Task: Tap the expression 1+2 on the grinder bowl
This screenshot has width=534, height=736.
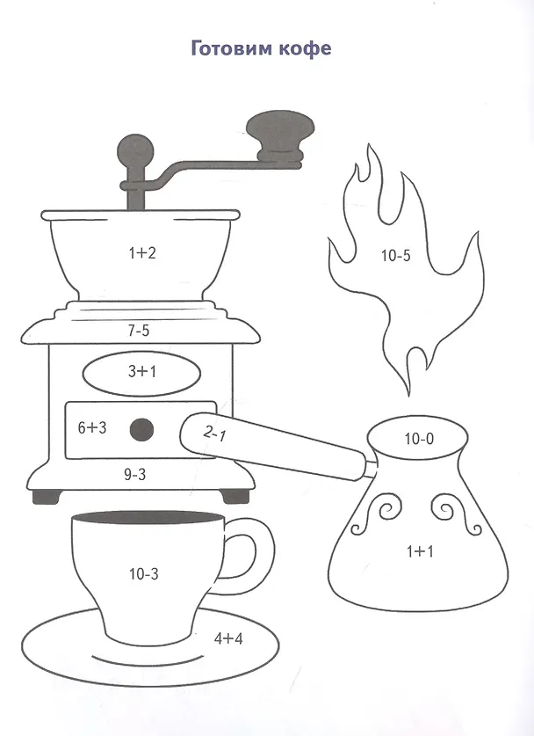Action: click(x=142, y=253)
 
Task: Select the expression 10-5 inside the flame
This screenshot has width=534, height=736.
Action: click(x=396, y=256)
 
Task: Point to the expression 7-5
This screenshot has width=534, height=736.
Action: click(x=138, y=331)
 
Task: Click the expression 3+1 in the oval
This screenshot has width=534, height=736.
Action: click(x=142, y=372)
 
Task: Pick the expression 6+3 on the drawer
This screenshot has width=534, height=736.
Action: click(x=92, y=427)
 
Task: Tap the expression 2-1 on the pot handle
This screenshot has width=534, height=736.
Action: click(x=214, y=434)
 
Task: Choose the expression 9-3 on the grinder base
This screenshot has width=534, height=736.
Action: click(x=135, y=475)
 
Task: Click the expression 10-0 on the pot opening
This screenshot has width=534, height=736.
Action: click(x=419, y=439)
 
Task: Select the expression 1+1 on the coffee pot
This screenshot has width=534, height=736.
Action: click(x=420, y=551)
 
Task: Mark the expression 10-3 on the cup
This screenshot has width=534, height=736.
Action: click(x=144, y=573)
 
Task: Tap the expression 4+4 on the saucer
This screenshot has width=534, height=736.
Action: click(x=228, y=638)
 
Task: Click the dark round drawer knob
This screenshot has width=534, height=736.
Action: click(x=141, y=429)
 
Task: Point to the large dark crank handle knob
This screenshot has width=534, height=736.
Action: click(x=280, y=134)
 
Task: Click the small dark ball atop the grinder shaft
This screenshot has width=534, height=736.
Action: click(x=134, y=151)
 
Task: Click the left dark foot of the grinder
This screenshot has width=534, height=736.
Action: click(x=47, y=497)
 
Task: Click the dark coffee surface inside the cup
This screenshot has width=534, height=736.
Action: click(x=148, y=518)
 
